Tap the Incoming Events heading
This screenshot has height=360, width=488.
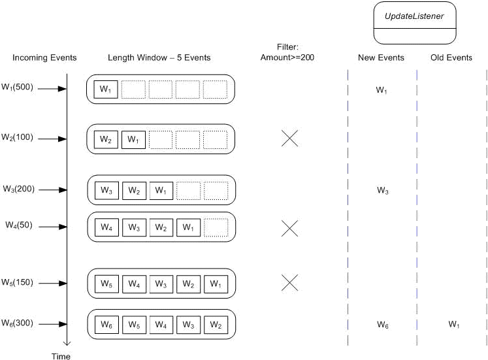pos(44,58)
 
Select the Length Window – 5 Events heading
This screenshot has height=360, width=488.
pos(159,58)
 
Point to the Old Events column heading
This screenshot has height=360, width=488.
pos(451,58)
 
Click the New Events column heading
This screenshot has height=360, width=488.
pos(381,58)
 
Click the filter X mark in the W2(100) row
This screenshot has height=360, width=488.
pos(289,138)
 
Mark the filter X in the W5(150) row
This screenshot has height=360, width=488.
pos(289,282)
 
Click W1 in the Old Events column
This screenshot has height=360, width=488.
pos(453,324)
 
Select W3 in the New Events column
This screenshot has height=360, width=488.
pos(382,191)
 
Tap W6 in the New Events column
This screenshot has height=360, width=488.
pos(382,324)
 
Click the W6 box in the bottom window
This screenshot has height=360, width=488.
pos(106,324)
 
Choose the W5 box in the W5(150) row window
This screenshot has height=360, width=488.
pos(106,284)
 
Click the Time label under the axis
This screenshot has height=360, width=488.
pos(61,356)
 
